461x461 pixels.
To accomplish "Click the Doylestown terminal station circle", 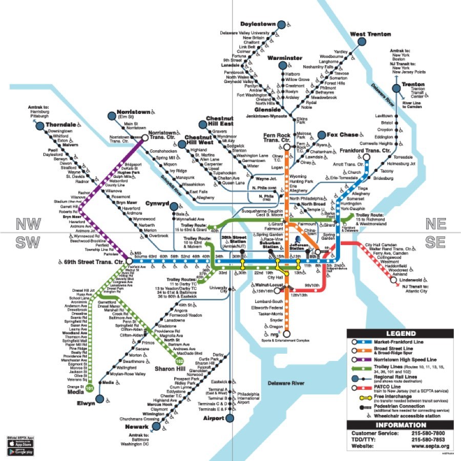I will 281,24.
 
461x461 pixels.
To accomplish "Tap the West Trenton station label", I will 371,34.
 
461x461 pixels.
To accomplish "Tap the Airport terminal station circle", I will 230,418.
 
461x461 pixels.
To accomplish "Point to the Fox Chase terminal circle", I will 321,135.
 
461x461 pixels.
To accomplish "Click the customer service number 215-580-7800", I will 429,433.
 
